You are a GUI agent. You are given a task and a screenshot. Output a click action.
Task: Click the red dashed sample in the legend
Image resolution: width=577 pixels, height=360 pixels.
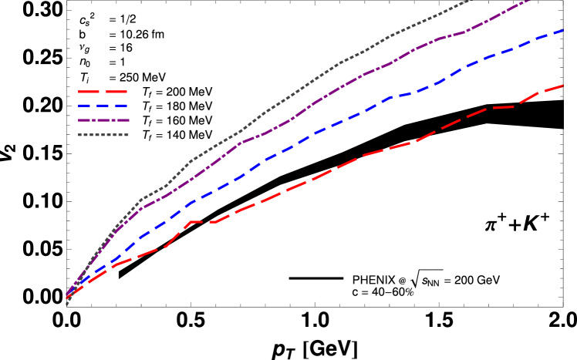point(103,92)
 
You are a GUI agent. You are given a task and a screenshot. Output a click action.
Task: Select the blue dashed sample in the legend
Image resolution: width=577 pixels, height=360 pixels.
point(103,106)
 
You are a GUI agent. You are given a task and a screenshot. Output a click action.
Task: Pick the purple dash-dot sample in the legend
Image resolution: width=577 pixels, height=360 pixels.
point(103,120)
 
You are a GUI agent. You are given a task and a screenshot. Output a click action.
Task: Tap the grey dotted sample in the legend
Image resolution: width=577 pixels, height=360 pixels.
point(103,135)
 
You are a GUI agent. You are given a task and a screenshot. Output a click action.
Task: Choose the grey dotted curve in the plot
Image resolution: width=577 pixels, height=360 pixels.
point(309,82)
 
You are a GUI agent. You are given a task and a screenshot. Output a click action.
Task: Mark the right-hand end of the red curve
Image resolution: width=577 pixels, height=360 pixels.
point(564,85)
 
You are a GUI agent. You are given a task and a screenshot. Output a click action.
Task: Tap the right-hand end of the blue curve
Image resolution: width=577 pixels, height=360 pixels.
point(564,30)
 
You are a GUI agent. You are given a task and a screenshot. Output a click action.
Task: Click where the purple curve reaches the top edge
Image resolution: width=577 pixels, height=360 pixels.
point(532,2)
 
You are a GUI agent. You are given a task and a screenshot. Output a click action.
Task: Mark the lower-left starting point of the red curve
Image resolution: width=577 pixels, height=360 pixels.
point(67,298)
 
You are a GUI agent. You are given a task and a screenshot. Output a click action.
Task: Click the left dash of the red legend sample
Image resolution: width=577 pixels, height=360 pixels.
point(85,92)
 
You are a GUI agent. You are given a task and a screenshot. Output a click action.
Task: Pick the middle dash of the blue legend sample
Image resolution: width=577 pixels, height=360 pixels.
point(103,106)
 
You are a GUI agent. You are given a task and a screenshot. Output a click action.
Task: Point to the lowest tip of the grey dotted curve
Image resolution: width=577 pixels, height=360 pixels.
point(67,304)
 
